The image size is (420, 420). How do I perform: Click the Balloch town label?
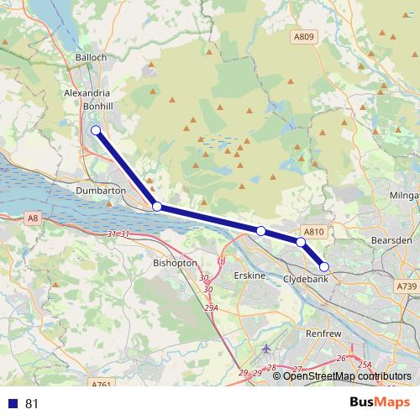91,57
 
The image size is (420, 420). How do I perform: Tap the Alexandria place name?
87,94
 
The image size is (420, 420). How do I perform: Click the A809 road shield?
304,37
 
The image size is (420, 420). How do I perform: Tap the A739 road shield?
407,286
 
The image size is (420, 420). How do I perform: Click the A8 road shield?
32,218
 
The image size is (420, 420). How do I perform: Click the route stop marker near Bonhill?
96,130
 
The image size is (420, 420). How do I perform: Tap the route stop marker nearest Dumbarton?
157,206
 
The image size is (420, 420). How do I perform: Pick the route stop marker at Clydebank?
324,268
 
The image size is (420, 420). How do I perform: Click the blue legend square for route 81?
13,403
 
